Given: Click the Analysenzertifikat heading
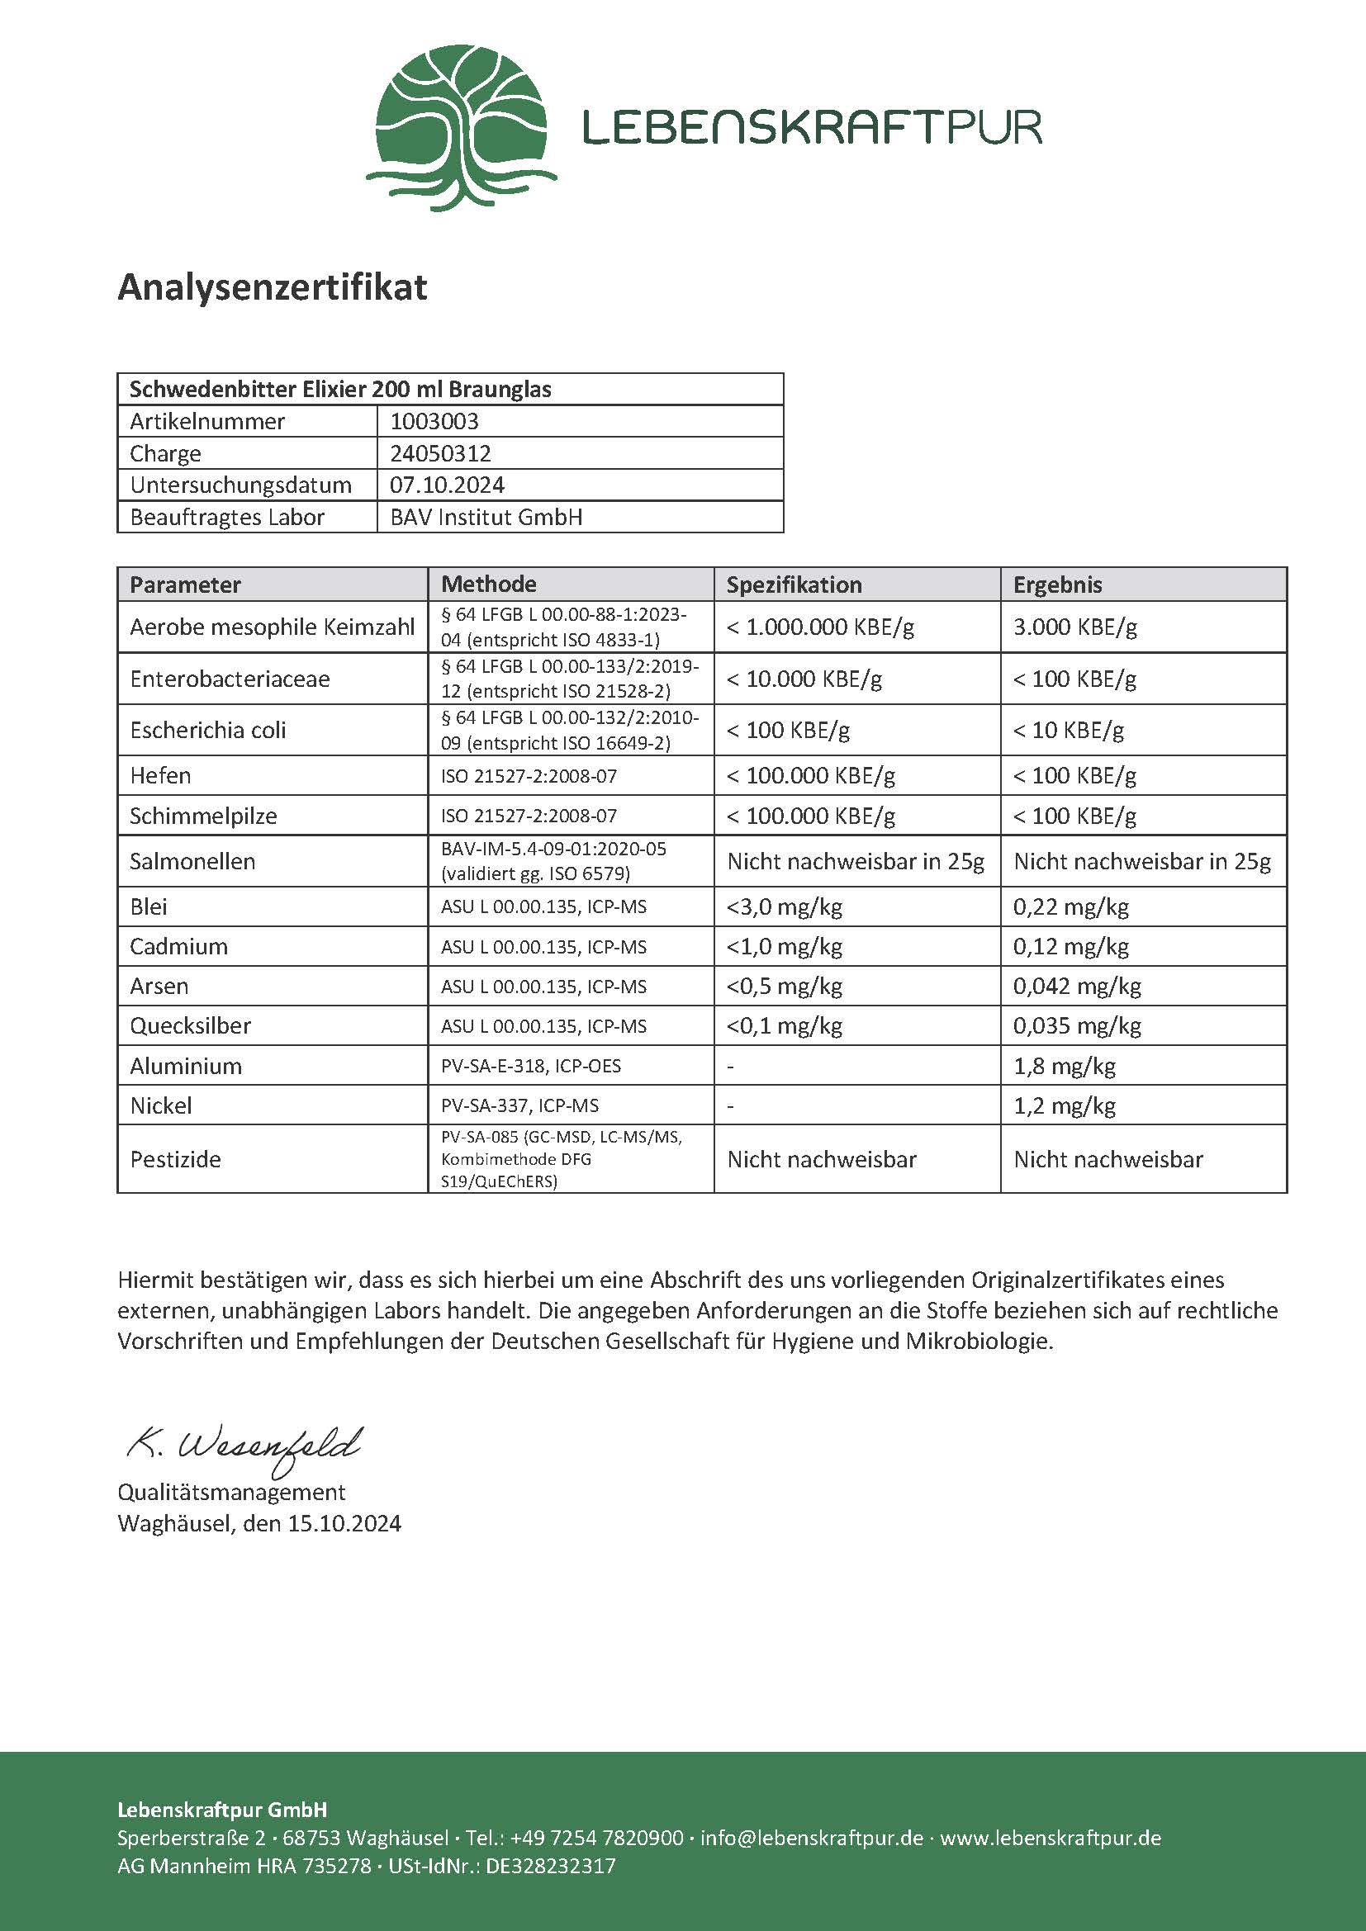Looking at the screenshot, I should click(273, 286).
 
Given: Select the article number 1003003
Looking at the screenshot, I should click(434, 421).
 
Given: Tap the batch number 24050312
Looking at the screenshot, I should click(440, 453).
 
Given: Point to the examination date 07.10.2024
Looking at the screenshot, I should click(447, 485).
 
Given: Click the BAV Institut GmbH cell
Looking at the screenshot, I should click(486, 518).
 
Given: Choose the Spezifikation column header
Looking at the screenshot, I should click(794, 585).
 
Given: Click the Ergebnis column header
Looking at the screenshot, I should click(1057, 585).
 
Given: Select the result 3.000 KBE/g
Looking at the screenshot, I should click(1075, 627).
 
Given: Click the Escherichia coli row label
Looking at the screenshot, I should click(208, 730).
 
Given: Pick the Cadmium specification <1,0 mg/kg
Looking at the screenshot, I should click(784, 946).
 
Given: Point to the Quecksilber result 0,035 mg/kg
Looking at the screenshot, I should click(1077, 1025).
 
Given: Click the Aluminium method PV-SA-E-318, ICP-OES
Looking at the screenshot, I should click(531, 1066).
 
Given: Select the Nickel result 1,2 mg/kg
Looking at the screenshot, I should click(1064, 1105).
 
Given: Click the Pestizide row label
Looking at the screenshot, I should click(175, 1159).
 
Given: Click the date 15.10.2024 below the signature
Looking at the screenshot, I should click(344, 1523).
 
